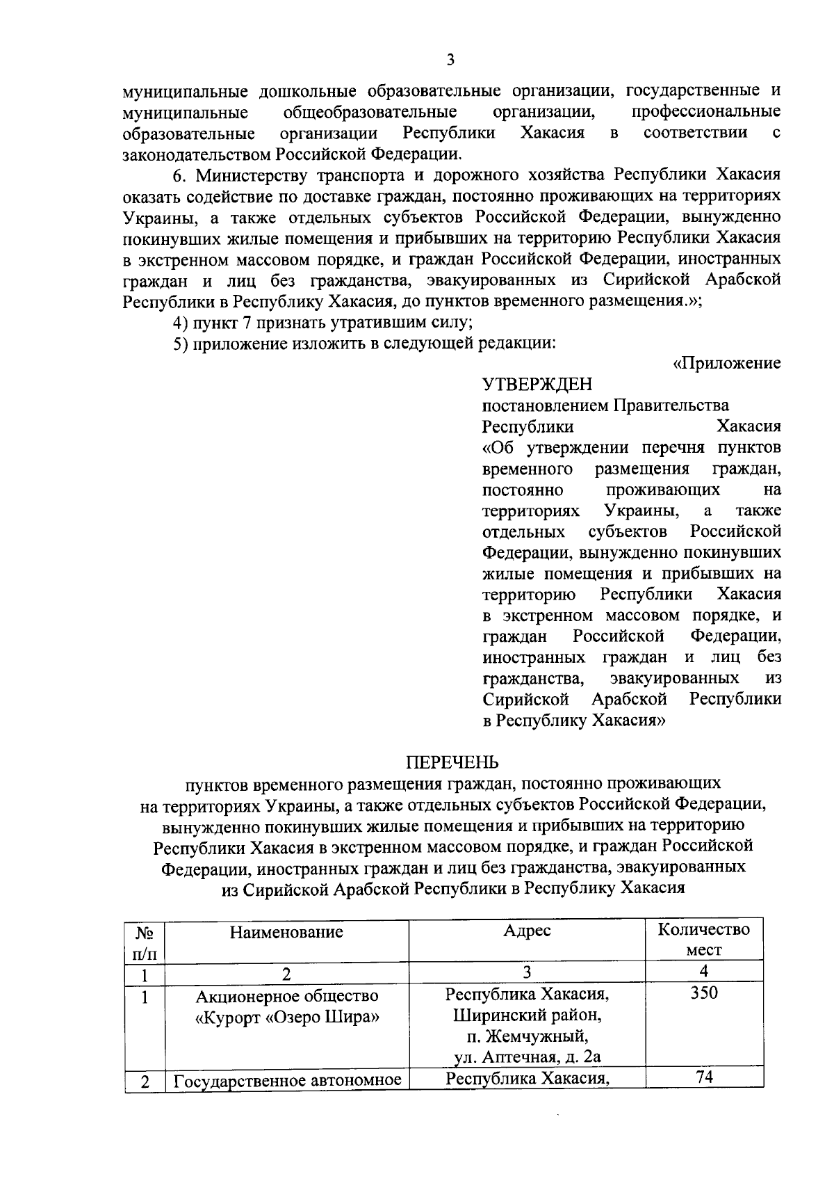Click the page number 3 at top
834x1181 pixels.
click(x=450, y=61)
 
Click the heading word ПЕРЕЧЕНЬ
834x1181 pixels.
click(x=452, y=763)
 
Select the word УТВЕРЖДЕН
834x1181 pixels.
click(x=537, y=384)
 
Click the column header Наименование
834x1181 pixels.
click(x=286, y=932)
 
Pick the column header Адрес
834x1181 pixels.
click(x=527, y=931)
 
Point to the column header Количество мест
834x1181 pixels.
click(x=703, y=940)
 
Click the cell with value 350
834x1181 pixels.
click(x=703, y=993)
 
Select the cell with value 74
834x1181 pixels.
click(x=703, y=1078)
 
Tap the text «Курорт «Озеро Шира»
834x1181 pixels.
click(x=287, y=1017)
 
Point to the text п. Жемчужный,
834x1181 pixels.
click(x=526, y=1037)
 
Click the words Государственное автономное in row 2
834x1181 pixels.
click(x=287, y=1081)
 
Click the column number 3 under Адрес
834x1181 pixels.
click(x=527, y=972)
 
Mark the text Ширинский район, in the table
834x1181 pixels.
click(x=526, y=1015)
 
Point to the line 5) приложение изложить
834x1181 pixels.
click(x=364, y=344)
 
